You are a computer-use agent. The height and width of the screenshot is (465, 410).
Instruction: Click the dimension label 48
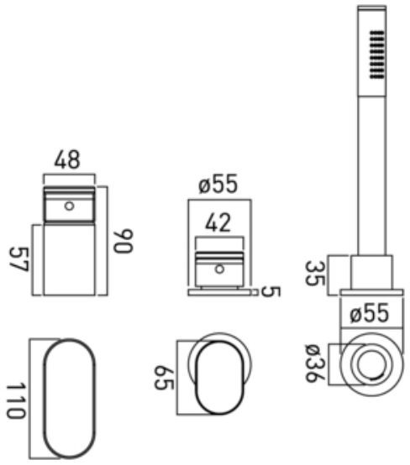coord(67,159)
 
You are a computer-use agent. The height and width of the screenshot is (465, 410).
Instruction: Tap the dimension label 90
coord(124,241)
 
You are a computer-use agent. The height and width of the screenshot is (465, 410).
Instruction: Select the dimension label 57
coord(19,259)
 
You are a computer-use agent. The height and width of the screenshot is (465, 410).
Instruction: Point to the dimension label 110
coord(16,400)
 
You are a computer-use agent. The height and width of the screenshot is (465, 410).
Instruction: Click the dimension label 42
coord(218,222)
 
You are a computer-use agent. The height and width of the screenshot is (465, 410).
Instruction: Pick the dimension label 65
coord(164,378)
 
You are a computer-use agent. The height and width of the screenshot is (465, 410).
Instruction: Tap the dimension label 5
coord(271,292)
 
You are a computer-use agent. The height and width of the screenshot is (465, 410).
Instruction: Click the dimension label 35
coord(315,273)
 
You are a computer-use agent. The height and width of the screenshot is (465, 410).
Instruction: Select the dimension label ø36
coord(315,363)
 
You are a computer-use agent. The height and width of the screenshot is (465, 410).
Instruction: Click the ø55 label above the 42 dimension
coord(218,184)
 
